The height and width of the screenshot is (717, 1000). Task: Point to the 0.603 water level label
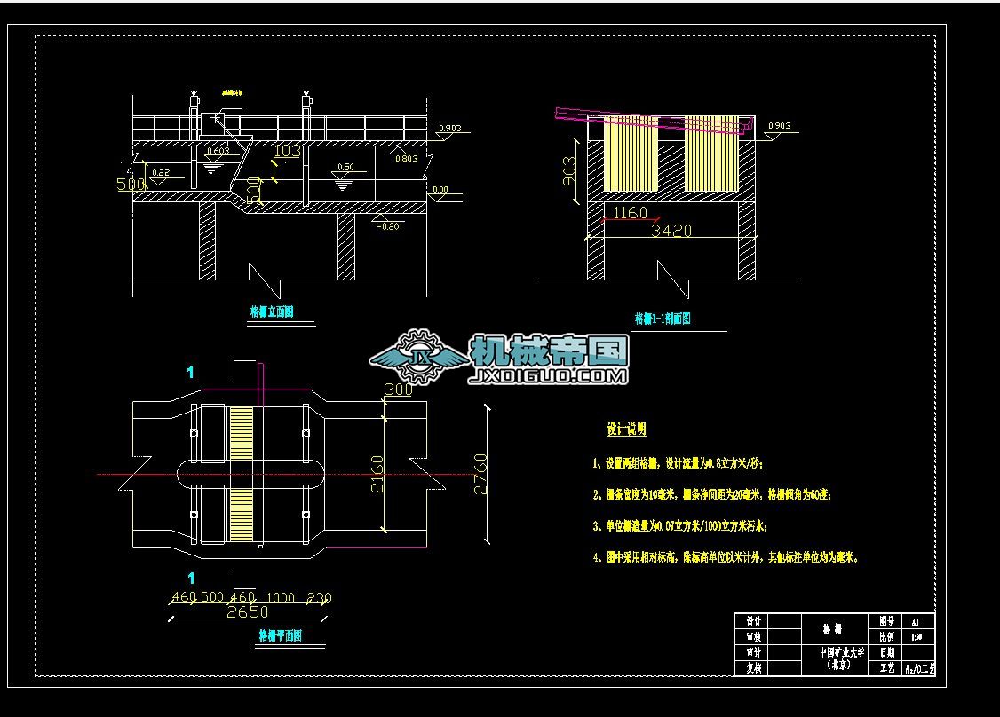coord(217,152)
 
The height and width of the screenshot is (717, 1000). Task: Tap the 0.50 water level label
coord(345,167)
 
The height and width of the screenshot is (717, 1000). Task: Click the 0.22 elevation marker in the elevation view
coord(162,172)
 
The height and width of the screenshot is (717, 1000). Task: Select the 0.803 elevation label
coord(406,159)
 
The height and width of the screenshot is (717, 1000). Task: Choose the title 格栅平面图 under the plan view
coord(280,635)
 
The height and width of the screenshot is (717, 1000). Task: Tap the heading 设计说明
coord(626,429)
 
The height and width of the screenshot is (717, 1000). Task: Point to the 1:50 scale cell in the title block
coord(917,636)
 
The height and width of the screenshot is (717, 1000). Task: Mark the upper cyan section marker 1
coord(190,372)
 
